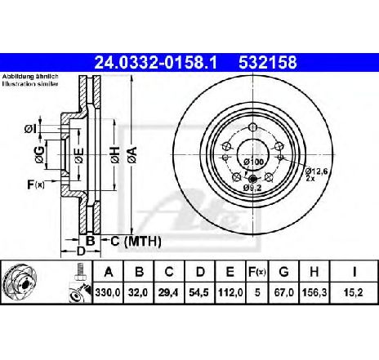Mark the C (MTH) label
point(134,242)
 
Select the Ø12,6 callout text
point(317,171)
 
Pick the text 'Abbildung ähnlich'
point(25,76)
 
